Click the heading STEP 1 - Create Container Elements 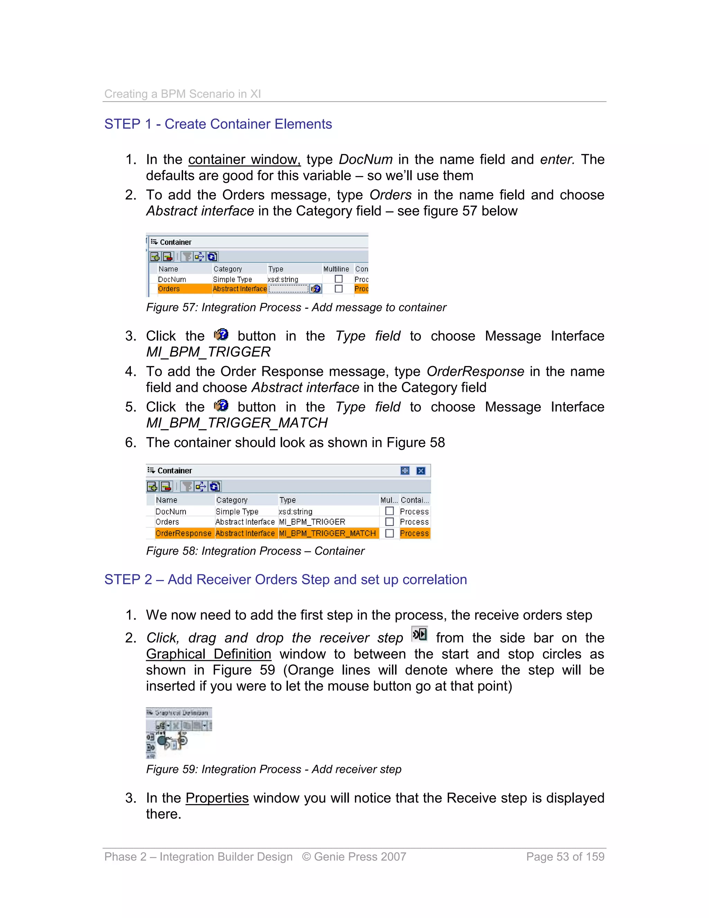[x=218, y=124]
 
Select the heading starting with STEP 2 [x=285, y=579]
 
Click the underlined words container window [x=244, y=159]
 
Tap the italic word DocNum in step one [x=366, y=159]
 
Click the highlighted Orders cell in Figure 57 [x=169, y=289]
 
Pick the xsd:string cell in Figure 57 [x=283, y=279]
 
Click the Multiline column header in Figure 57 [x=336, y=269]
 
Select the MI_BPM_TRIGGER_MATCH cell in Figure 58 [x=327, y=533]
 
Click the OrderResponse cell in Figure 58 [x=183, y=533]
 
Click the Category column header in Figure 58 [x=232, y=500]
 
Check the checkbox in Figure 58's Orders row [x=389, y=522]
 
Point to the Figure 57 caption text [x=296, y=307]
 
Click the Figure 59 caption [x=273, y=769]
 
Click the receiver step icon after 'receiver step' [x=419, y=634]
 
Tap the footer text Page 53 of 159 [x=565, y=857]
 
